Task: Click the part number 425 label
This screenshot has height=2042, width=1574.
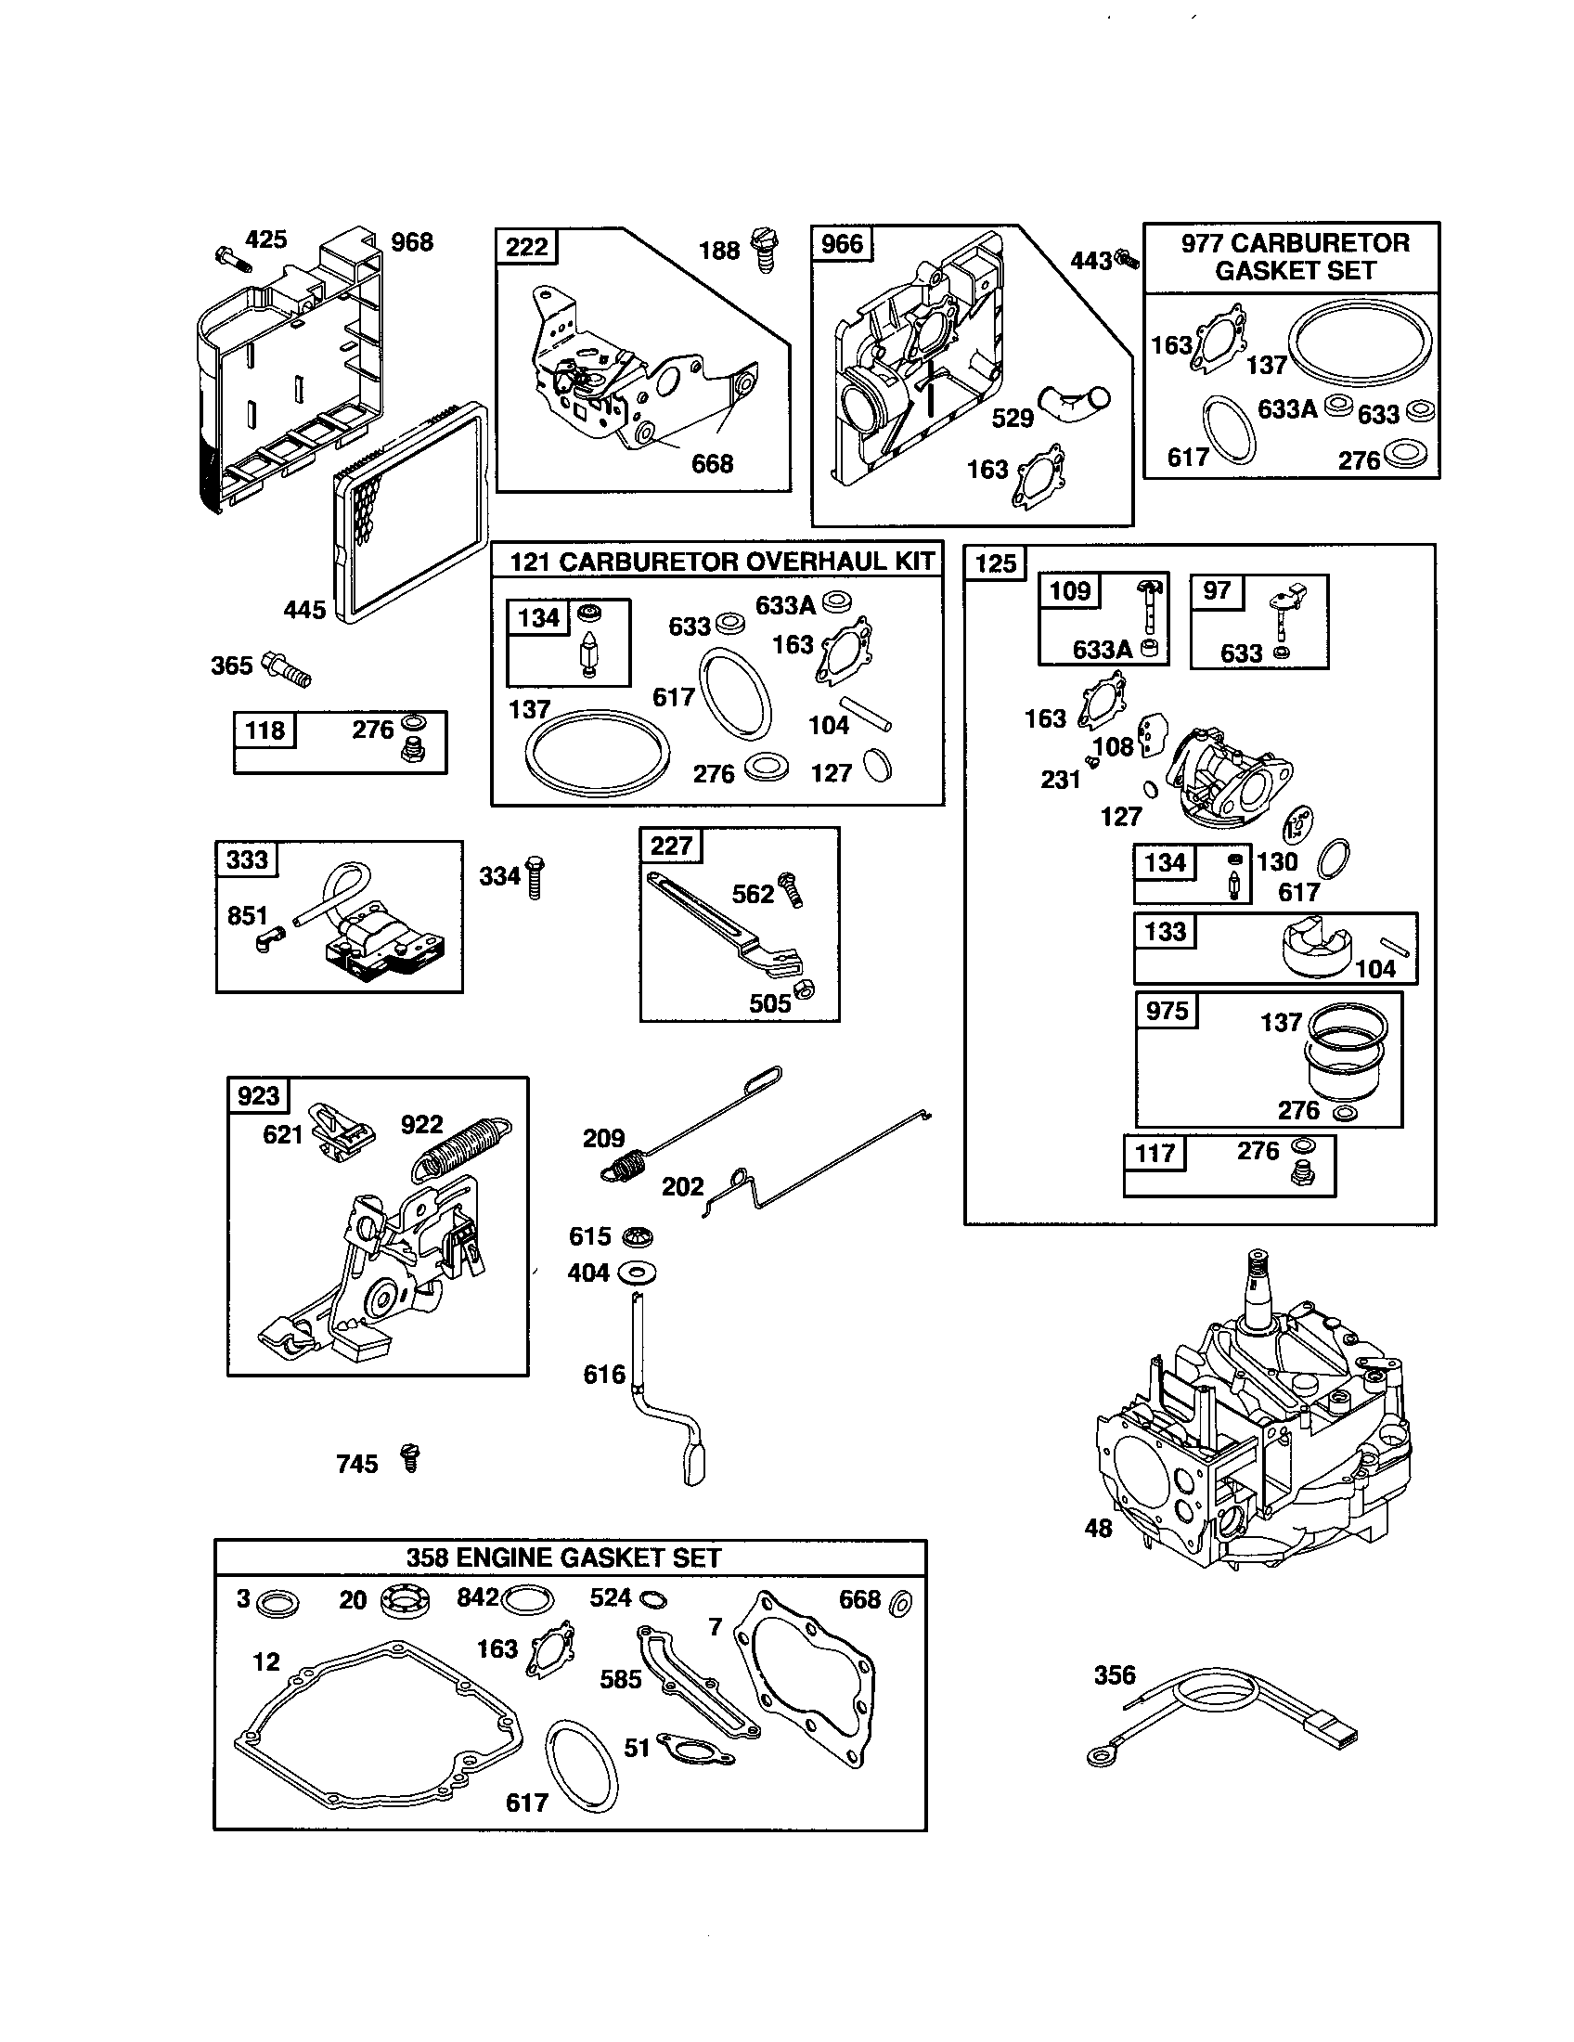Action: tap(265, 239)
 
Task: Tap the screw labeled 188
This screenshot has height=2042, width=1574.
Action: tap(764, 249)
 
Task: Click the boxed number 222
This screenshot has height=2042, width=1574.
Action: tap(526, 247)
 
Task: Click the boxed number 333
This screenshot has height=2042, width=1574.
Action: tap(247, 859)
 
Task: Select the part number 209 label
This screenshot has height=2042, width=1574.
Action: tap(603, 1138)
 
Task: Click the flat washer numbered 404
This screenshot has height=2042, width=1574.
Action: tap(638, 1273)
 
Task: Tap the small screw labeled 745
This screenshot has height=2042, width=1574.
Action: tap(409, 1456)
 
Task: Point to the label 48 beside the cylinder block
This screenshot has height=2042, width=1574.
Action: tap(1098, 1528)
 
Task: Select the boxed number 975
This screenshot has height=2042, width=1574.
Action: tap(1168, 1011)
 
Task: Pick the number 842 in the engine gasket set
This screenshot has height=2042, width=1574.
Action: tap(478, 1597)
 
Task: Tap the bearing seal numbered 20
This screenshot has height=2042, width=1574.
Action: tap(406, 1601)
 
